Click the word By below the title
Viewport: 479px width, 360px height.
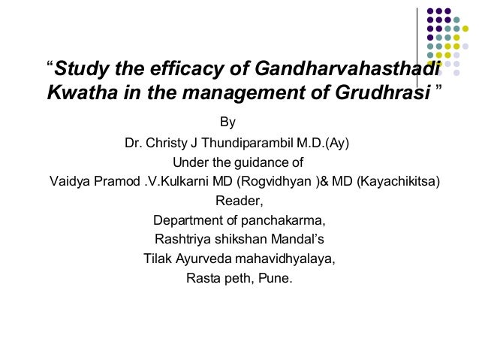[x=227, y=122]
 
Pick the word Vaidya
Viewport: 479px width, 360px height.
[x=68, y=182]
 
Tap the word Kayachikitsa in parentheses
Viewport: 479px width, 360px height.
[x=396, y=182]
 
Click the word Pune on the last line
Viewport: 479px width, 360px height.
[x=279, y=280]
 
